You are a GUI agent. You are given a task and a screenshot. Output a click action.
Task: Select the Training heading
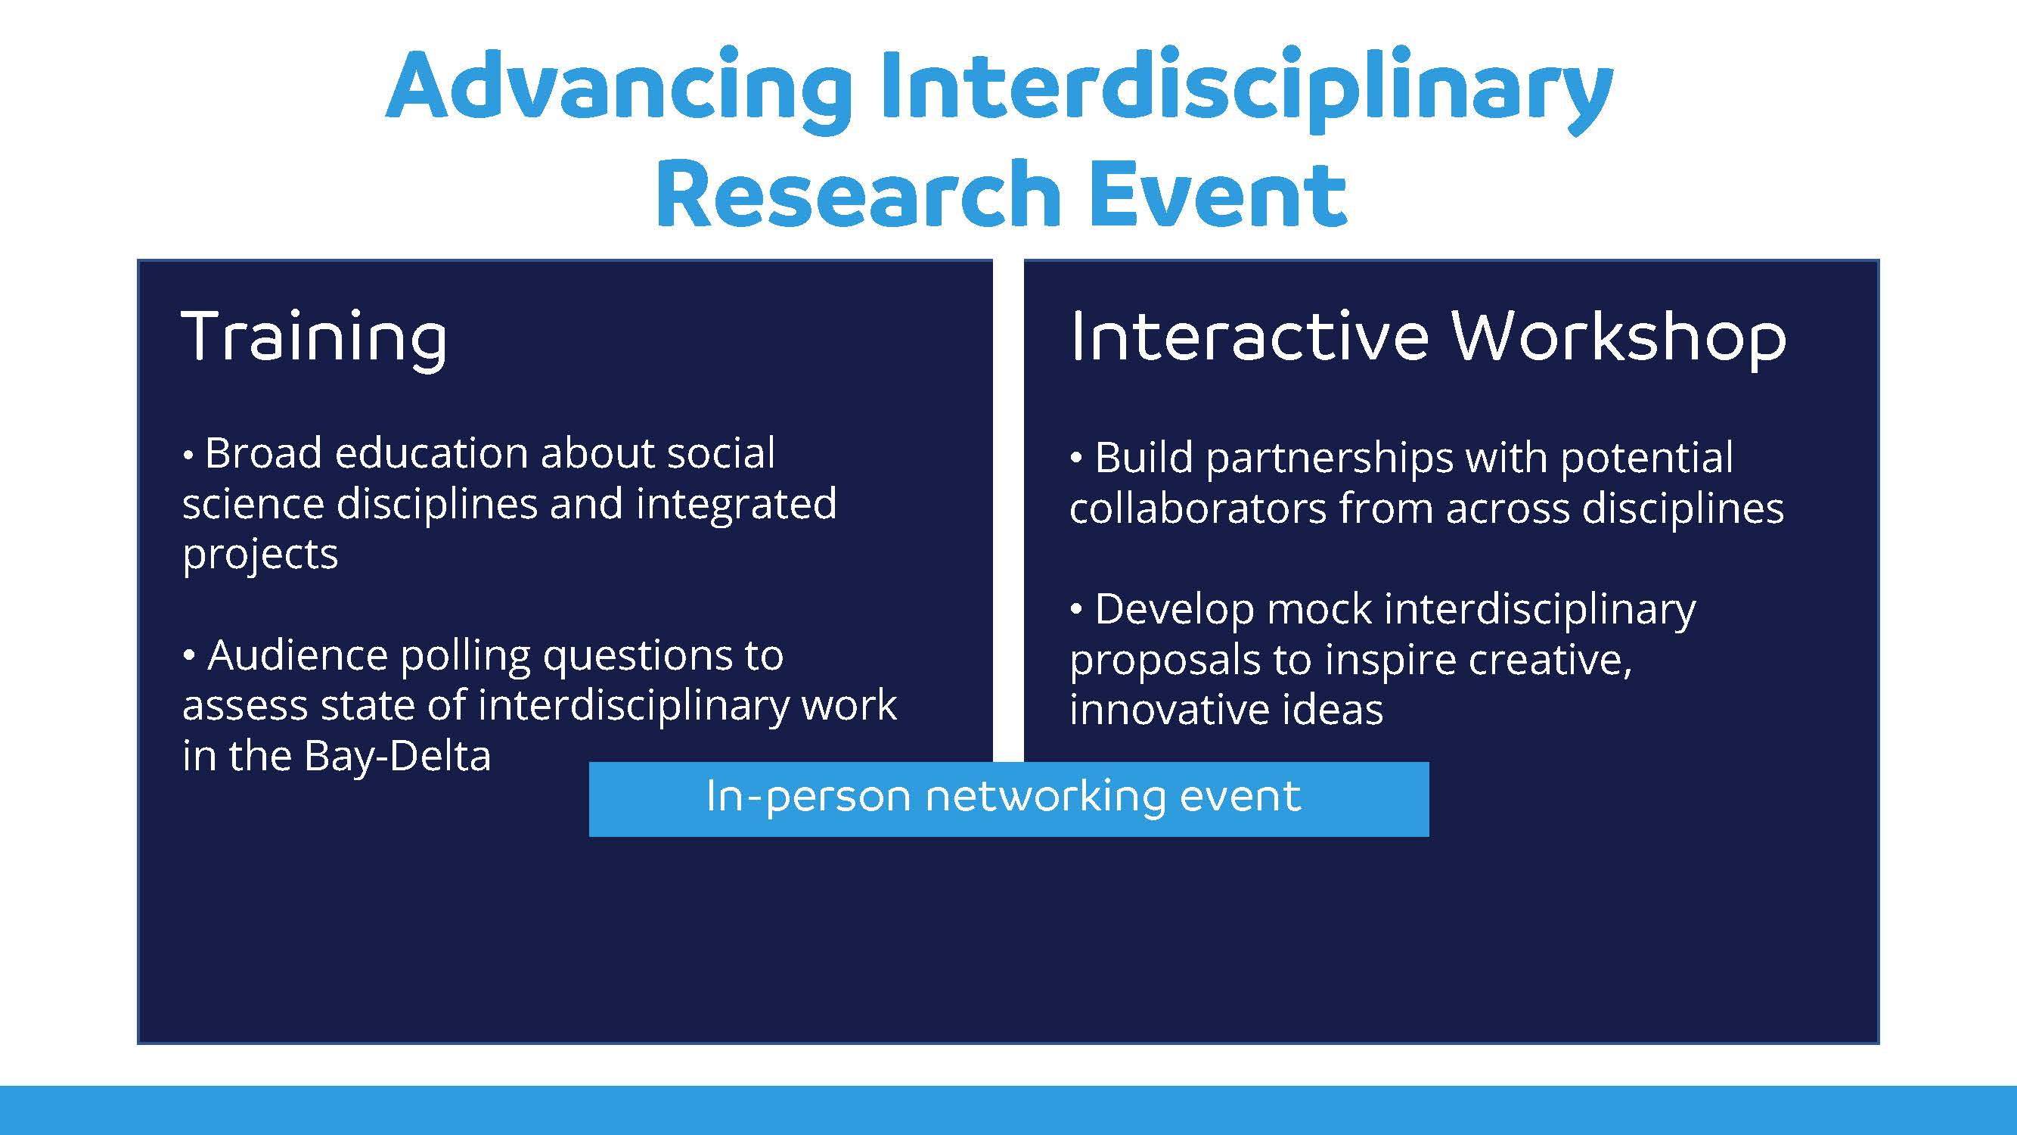click(314, 338)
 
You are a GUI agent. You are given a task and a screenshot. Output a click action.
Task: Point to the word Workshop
click(1618, 338)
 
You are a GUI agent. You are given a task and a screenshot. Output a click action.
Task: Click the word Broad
click(263, 452)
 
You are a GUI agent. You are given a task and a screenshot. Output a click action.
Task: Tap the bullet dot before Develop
click(1077, 608)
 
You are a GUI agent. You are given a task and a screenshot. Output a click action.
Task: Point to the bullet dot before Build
click(1077, 458)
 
